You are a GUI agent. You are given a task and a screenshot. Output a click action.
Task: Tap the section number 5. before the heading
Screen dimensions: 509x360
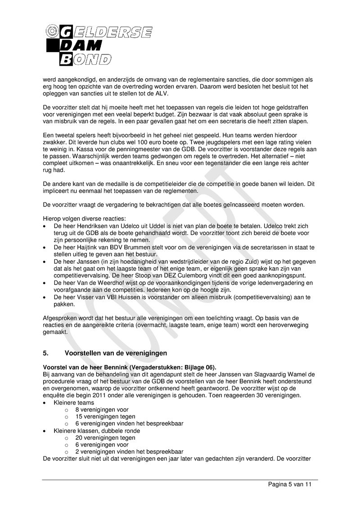46,352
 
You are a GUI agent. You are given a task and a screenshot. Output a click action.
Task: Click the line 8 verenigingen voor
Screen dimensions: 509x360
102,410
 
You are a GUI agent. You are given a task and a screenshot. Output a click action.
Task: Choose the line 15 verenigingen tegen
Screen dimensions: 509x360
105,417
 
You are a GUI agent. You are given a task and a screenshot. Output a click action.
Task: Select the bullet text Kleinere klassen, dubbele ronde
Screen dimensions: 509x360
97,431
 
